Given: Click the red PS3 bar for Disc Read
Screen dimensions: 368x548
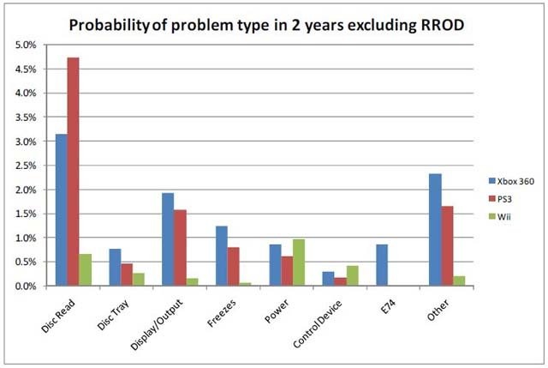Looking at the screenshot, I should [73, 172].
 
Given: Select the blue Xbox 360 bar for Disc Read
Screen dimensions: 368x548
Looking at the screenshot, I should [61, 210].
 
